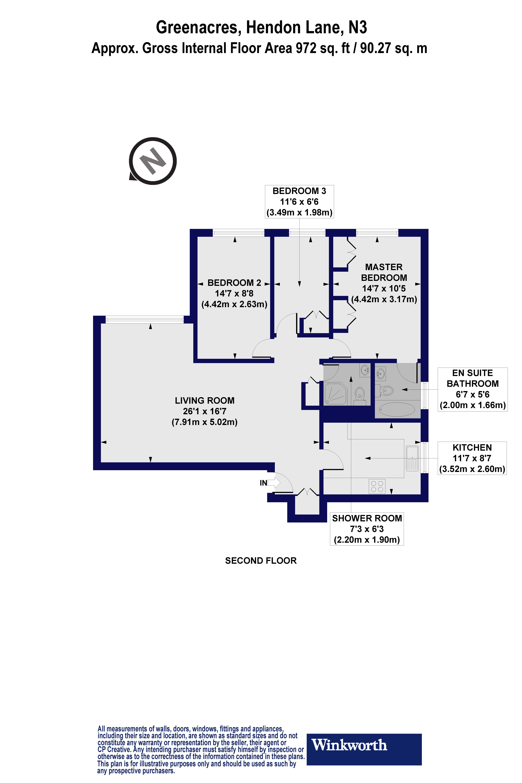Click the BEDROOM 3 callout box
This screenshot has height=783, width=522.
tap(299, 202)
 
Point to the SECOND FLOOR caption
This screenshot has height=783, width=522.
tap(261, 561)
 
